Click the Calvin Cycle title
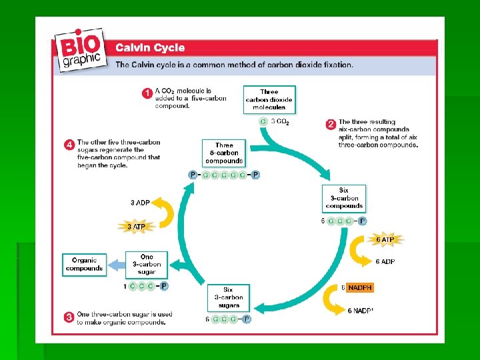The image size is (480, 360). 150,48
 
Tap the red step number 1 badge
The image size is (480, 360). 146,93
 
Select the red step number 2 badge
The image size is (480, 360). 329,125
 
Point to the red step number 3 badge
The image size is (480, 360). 68,318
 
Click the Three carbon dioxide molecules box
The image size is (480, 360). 269,99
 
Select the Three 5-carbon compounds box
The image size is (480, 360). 224,153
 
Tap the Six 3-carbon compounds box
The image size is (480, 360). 344,198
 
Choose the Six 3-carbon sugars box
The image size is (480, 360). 228,297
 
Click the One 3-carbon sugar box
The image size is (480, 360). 147,265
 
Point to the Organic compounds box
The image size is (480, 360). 85,264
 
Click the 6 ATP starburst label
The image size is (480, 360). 385,239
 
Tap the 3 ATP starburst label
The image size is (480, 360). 136,227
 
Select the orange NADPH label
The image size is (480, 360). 360,288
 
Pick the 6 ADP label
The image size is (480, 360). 385,261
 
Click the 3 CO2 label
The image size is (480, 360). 279,122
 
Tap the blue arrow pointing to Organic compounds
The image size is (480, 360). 116,265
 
